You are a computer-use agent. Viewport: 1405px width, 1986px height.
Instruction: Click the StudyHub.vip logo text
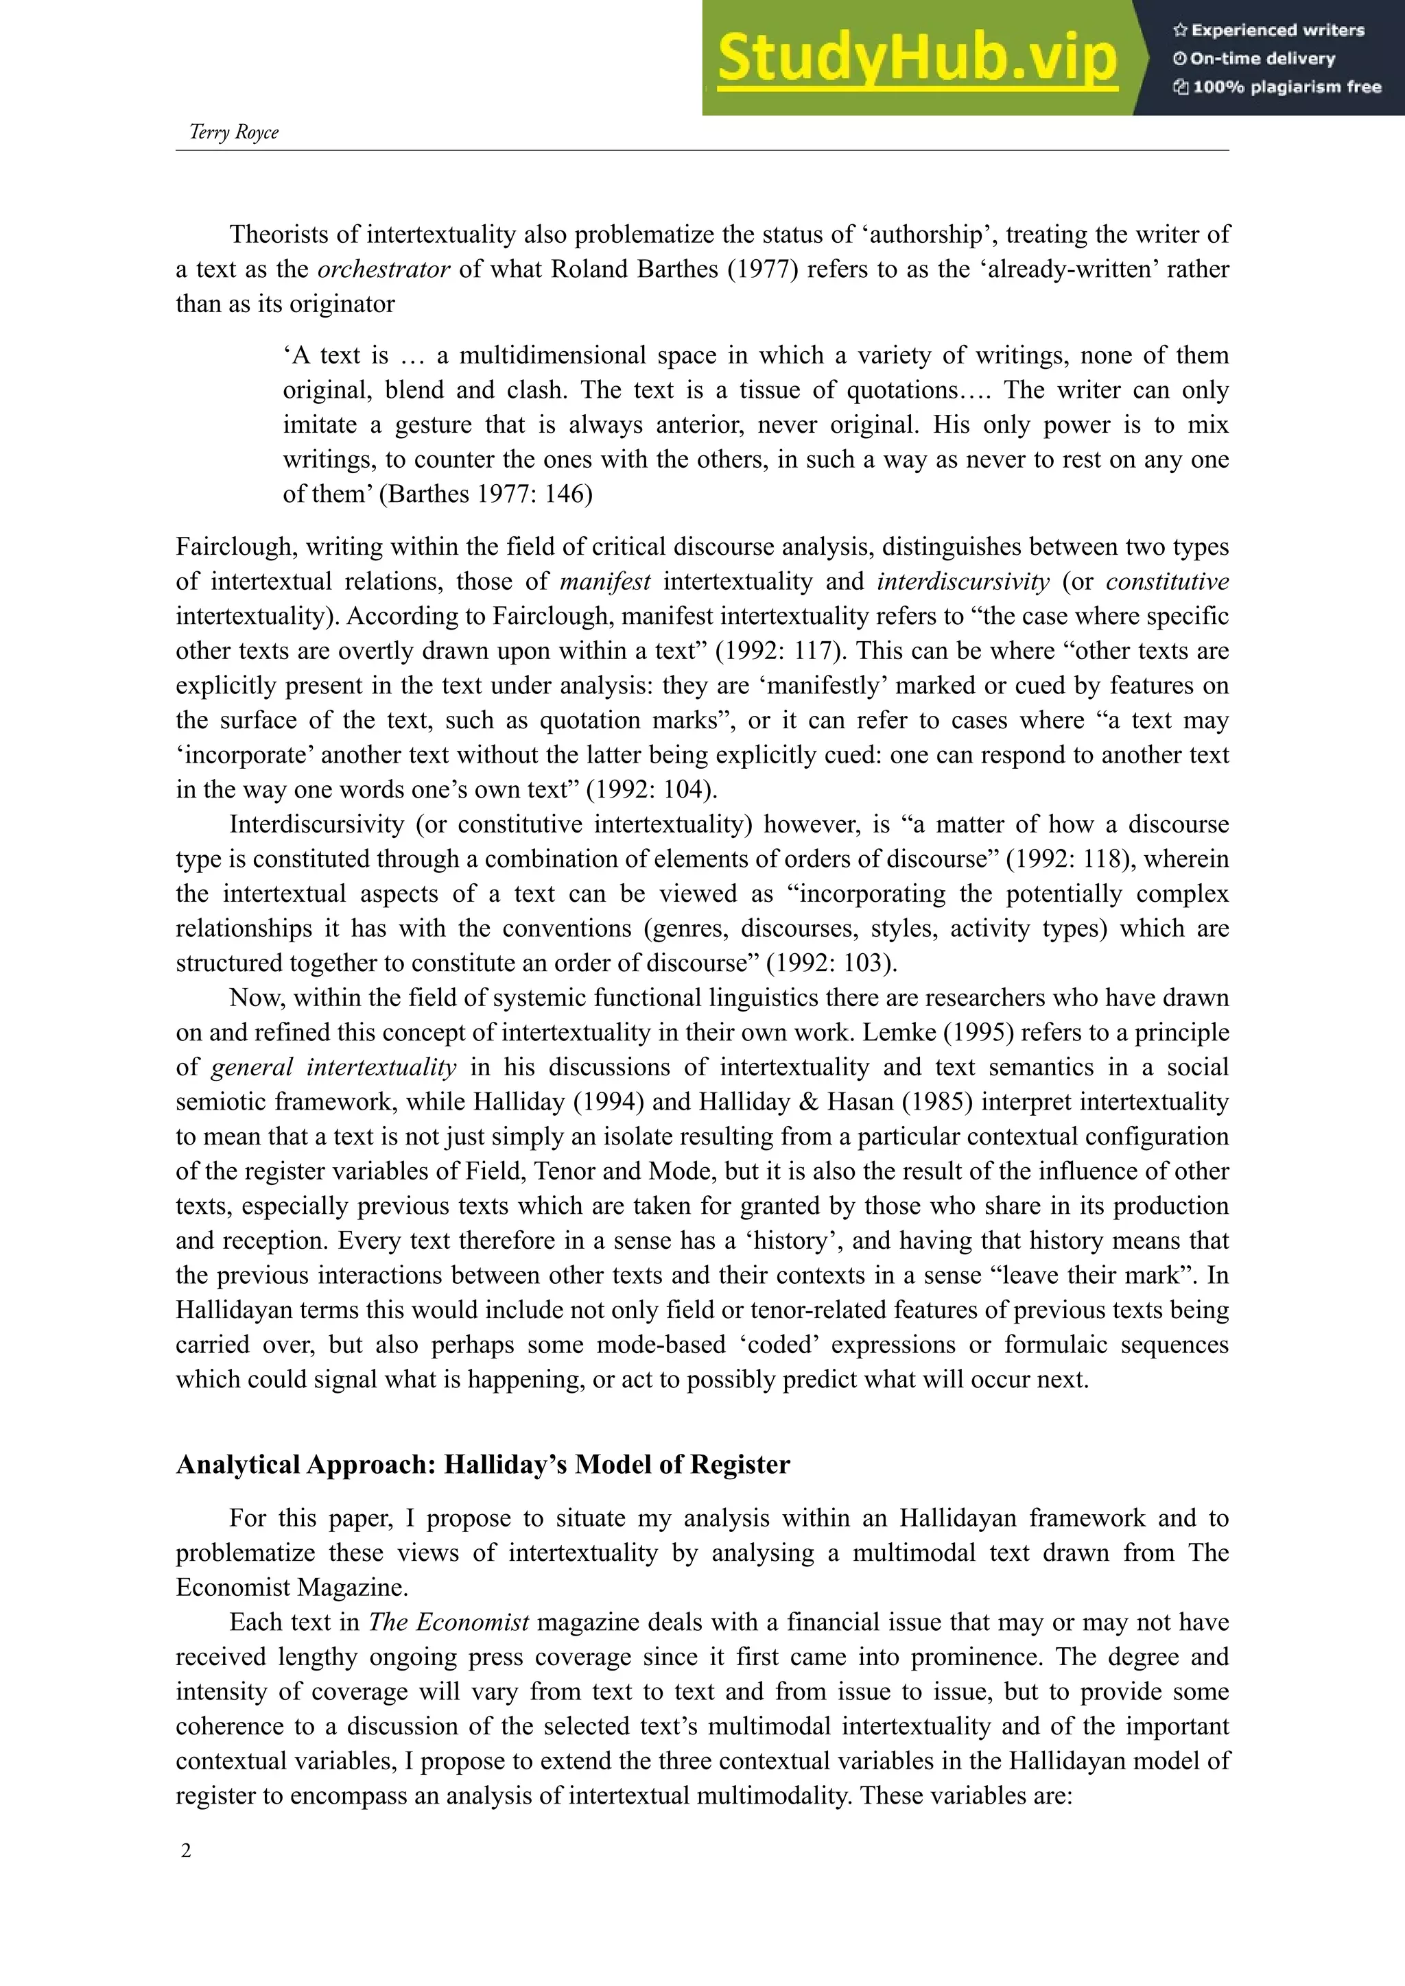click(917, 58)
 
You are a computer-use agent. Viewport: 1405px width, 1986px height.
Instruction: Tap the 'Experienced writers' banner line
click(1268, 30)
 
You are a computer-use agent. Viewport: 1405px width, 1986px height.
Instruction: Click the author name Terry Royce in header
click(233, 132)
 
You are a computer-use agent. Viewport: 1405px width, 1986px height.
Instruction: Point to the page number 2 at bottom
click(186, 1850)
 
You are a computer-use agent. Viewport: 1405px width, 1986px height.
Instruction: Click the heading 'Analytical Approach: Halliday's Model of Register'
click(483, 1464)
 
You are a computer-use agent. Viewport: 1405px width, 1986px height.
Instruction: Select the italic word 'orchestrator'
click(384, 269)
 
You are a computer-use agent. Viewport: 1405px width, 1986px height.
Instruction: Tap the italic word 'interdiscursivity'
click(963, 582)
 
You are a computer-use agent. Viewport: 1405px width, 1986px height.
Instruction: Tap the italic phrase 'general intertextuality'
click(333, 1066)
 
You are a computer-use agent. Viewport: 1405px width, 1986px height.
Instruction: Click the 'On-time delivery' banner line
click(1255, 59)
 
